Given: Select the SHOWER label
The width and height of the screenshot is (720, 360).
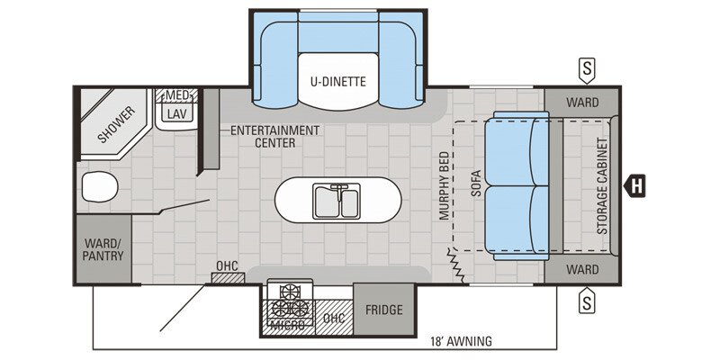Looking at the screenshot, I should (116, 125).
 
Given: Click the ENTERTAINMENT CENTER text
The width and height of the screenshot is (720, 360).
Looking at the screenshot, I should (274, 136).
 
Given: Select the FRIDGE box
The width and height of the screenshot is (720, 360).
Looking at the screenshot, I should (383, 310).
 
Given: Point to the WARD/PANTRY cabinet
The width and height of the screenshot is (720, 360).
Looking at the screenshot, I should (104, 249).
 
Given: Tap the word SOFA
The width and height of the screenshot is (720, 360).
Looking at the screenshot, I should (476, 185).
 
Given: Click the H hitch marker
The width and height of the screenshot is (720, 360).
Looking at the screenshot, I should (636, 186).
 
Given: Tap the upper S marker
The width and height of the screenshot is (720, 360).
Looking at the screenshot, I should (587, 68).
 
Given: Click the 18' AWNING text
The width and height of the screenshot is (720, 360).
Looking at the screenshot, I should (461, 340).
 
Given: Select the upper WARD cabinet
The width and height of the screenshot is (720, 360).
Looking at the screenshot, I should (581, 103).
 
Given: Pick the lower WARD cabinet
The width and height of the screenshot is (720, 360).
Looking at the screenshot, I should (581, 269).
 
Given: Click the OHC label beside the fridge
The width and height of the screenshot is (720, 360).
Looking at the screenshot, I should (333, 318).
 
